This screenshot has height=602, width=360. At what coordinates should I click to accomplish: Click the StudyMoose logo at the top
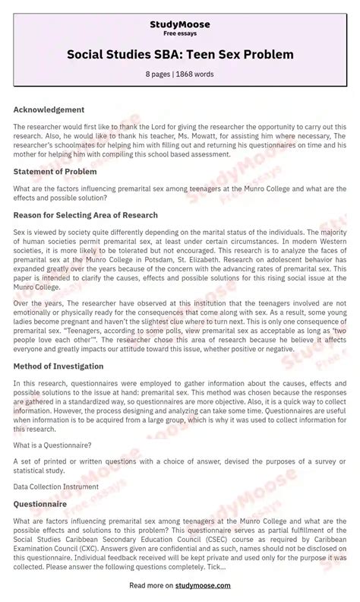(x=180, y=24)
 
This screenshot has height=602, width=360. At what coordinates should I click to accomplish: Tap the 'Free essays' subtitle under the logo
(x=180, y=34)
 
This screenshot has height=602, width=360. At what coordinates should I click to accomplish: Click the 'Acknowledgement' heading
(x=49, y=109)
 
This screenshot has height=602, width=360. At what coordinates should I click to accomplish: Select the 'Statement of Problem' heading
(x=55, y=172)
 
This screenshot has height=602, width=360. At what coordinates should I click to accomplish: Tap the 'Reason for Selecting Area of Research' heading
(x=85, y=215)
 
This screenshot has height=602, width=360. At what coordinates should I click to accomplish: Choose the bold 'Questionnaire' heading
(x=39, y=503)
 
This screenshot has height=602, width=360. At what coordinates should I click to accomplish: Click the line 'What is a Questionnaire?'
(x=52, y=444)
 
